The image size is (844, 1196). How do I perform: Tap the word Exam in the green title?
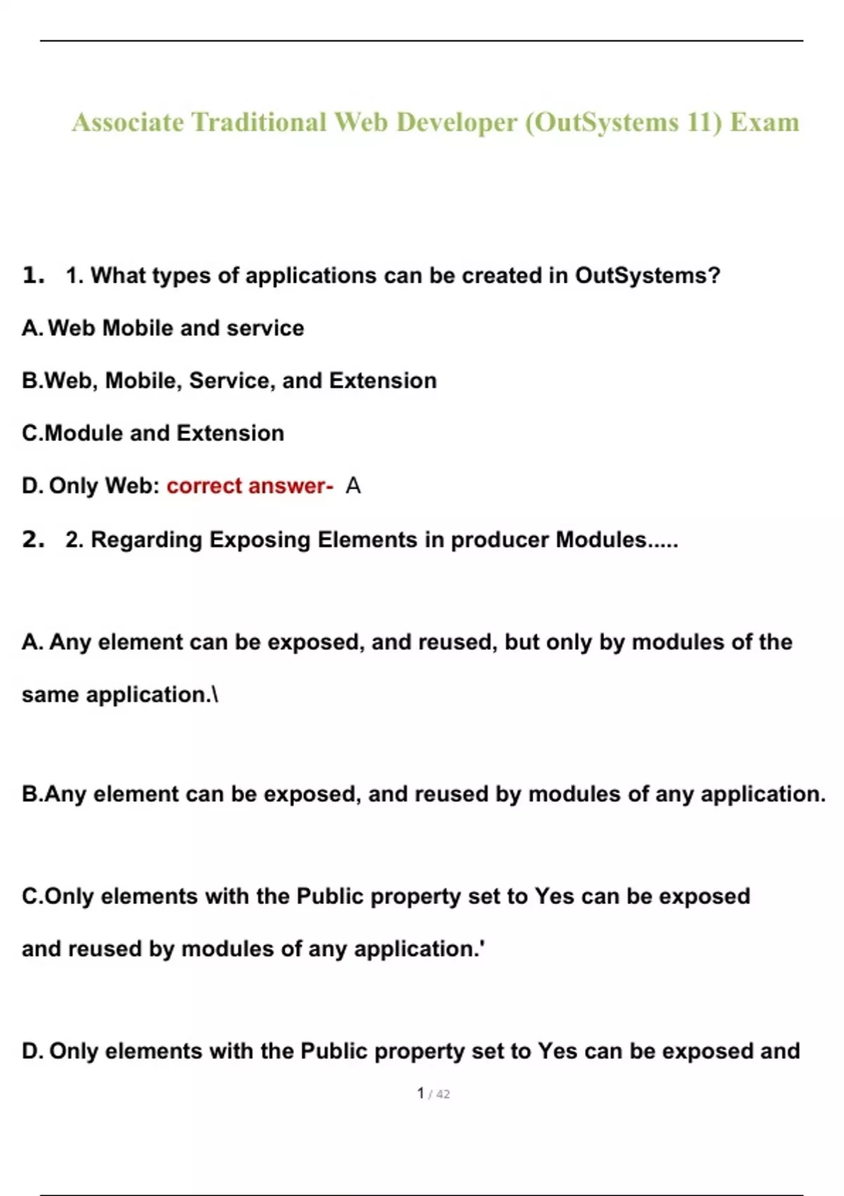tap(765, 122)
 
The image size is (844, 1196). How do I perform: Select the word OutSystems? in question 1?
tap(647, 275)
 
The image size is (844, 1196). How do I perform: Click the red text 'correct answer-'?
tap(250, 485)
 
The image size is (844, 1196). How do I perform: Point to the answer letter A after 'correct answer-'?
tap(353, 485)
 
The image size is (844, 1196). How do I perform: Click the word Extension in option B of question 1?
tap(383, 381)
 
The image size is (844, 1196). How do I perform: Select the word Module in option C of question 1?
tap(84, 433)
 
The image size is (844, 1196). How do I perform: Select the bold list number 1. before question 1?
tap(33, 275)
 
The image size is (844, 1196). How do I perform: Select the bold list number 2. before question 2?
tap(33, 540)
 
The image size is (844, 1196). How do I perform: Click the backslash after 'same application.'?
tap(215, 695)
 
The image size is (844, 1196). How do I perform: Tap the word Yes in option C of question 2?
tap(554, 896)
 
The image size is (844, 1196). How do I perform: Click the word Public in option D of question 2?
tap(334, 1051)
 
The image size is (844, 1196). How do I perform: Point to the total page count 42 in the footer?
tap(443, 1094)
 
